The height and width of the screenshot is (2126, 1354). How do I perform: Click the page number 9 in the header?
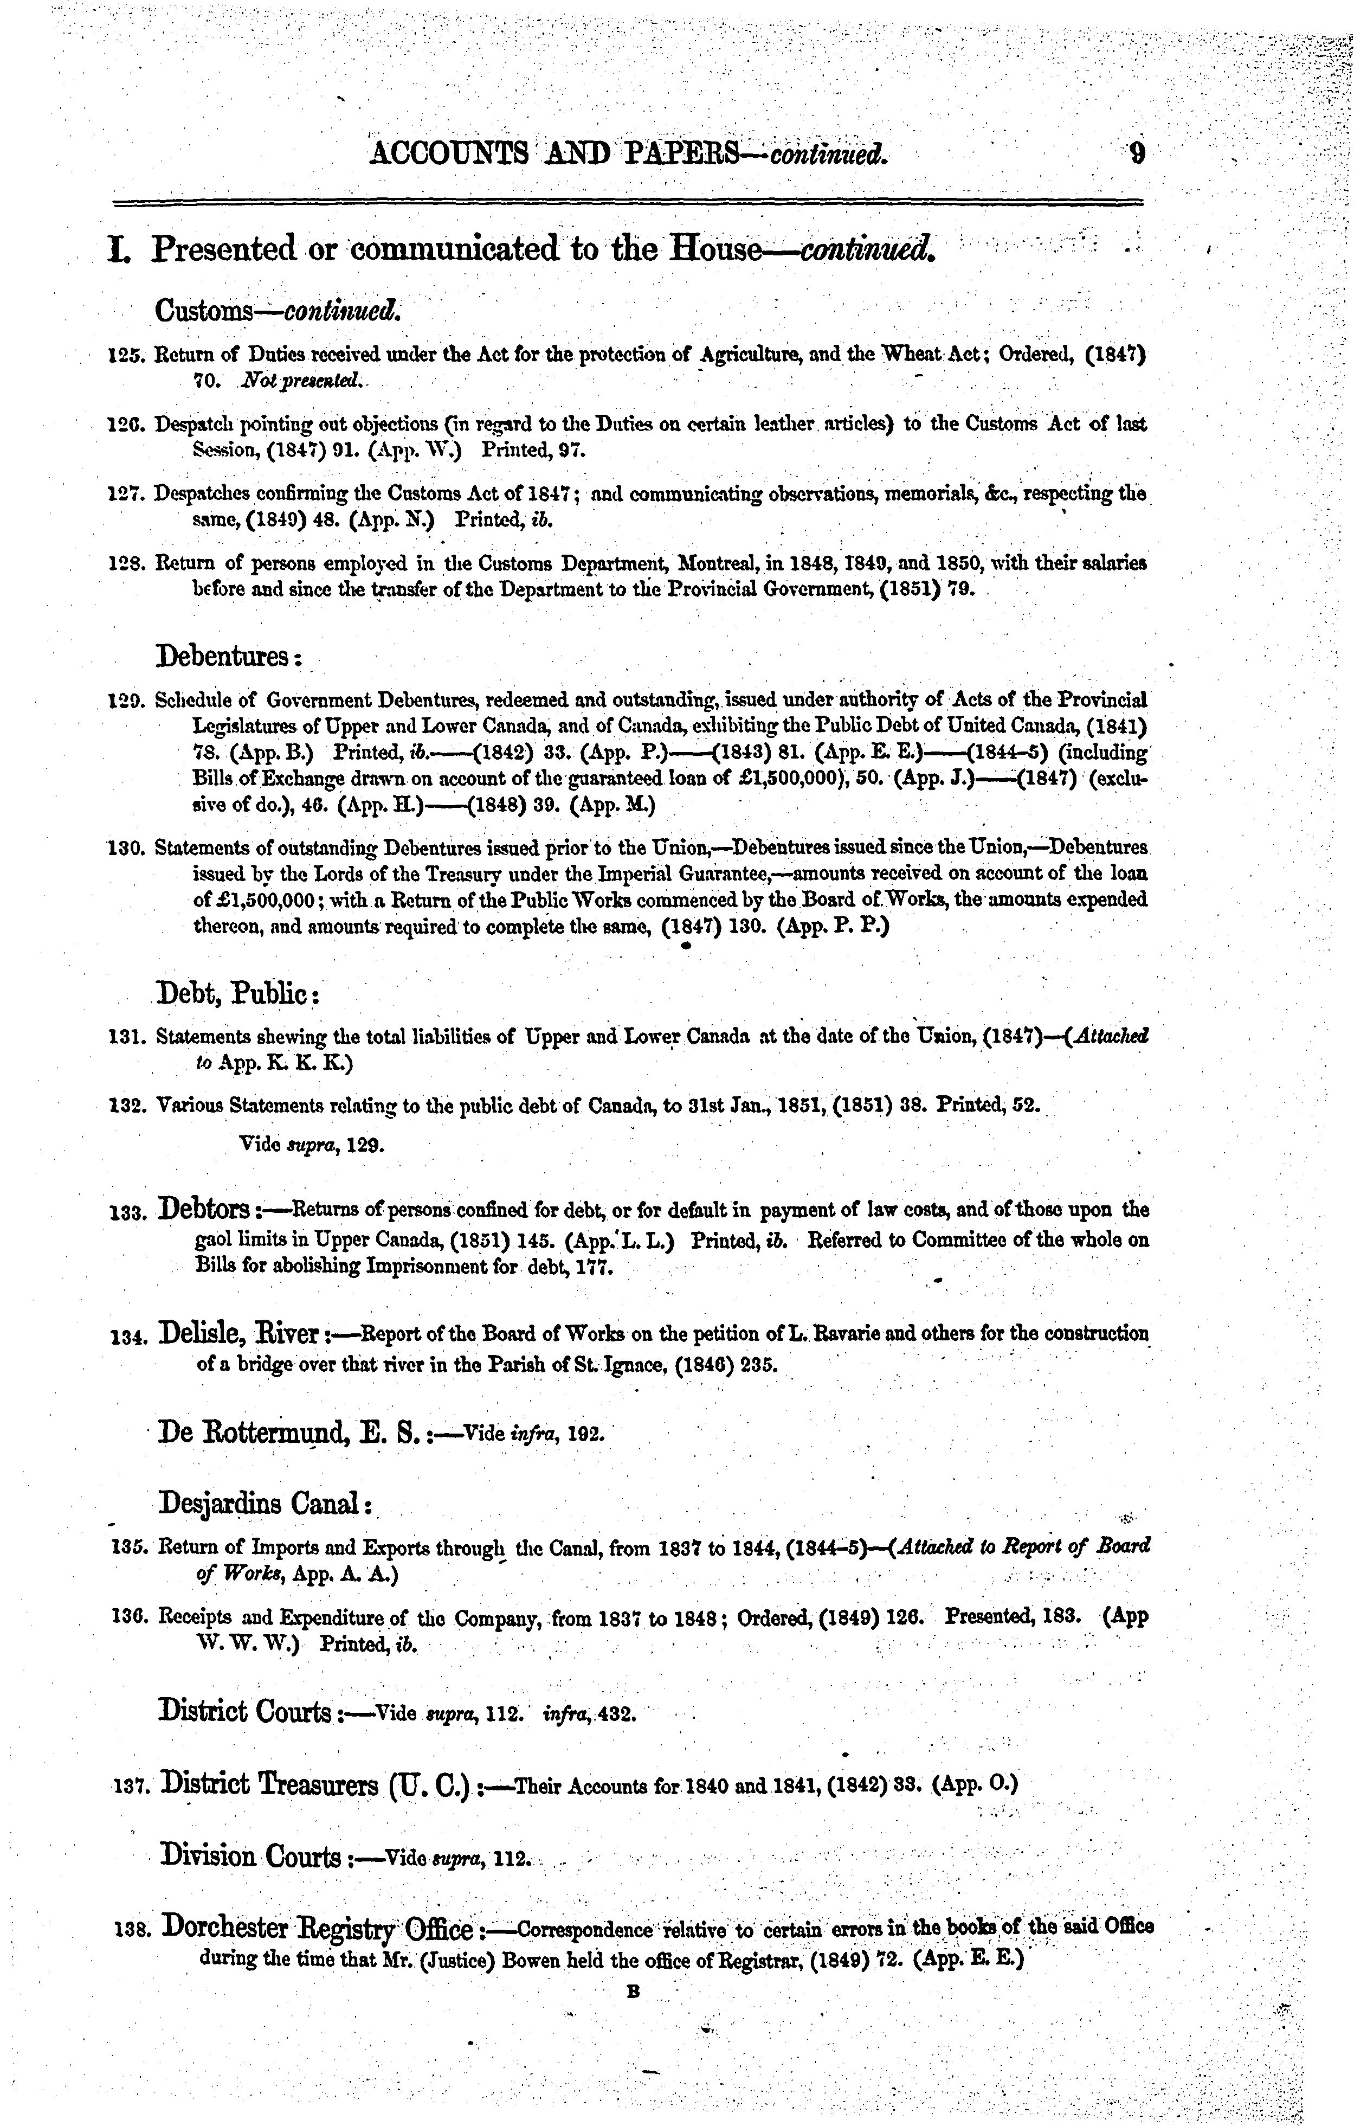pyautogui.click(x=1137, y=155)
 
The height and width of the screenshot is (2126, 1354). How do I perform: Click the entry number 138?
pyautogui.click(x=135, y=1931)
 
